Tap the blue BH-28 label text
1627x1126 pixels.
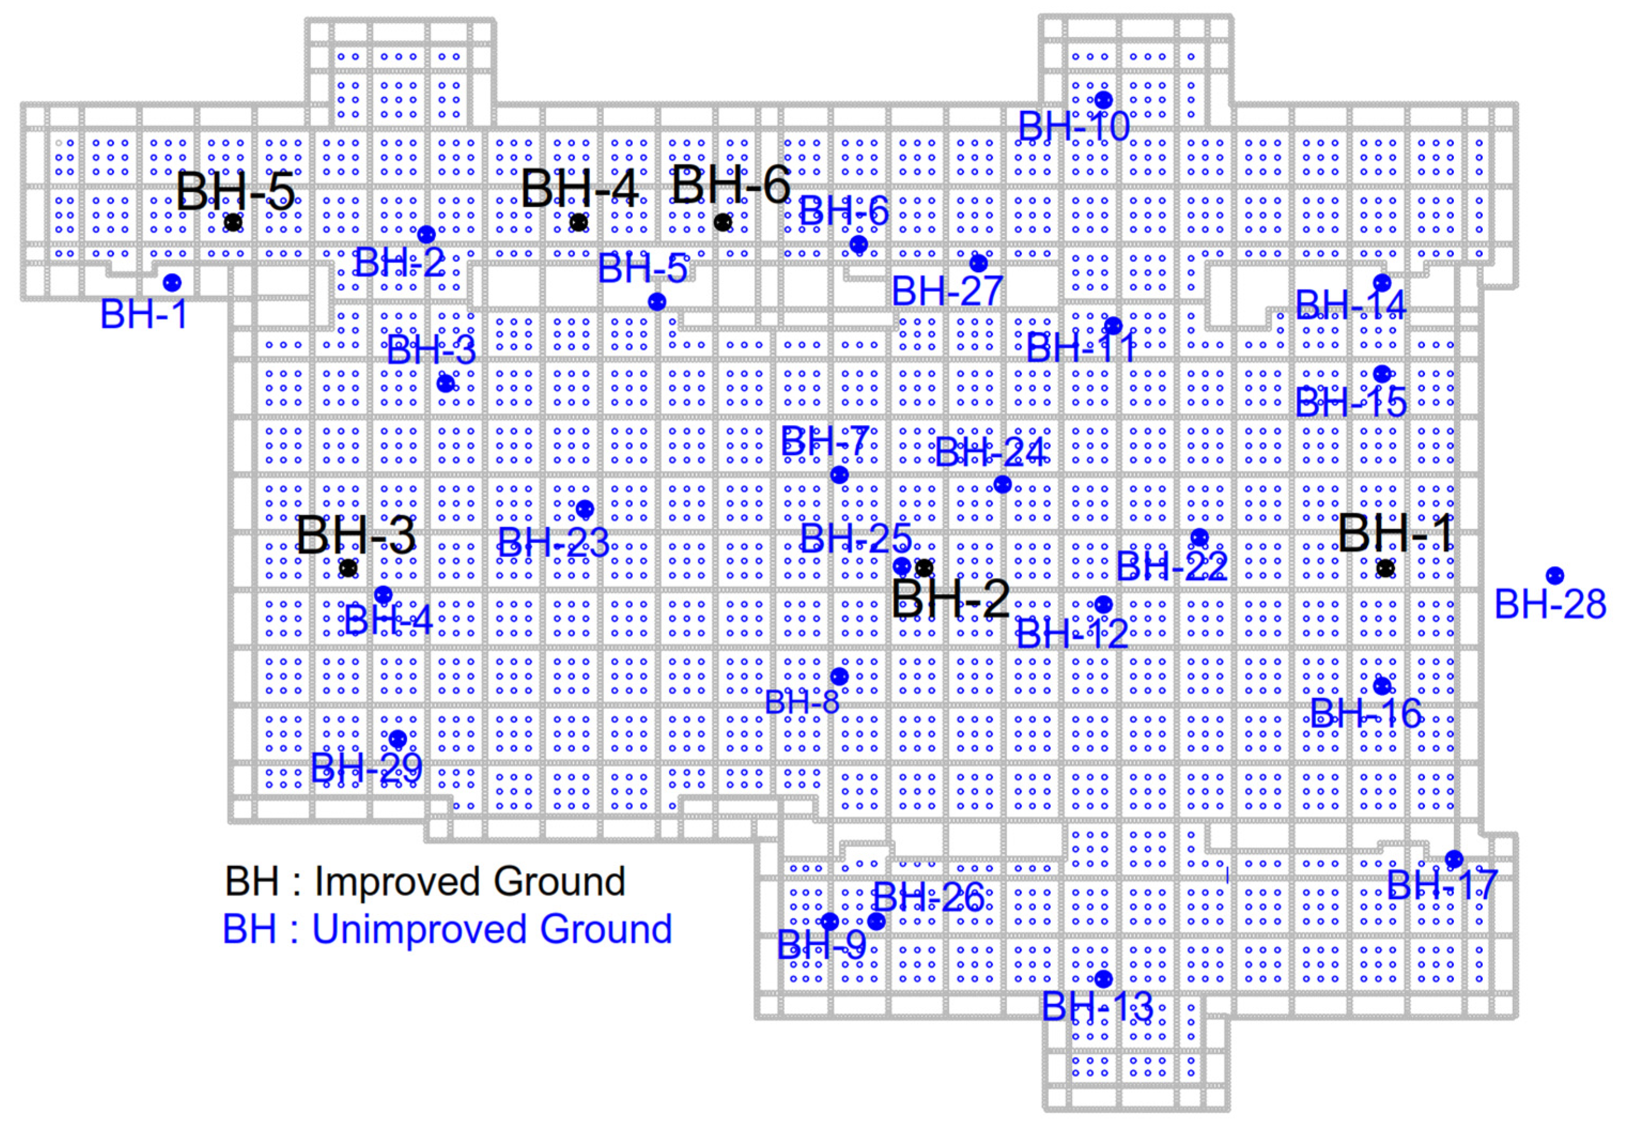(1550, 605)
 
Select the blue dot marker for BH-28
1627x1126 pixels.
(1554, 576)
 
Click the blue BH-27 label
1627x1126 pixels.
(947, 291)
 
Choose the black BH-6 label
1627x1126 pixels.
(731, 185)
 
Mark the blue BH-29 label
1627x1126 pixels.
(366, 768)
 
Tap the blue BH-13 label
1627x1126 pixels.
(1097, 1006)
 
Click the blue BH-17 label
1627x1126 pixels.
(1442, 885)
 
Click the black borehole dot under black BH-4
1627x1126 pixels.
(578, 223)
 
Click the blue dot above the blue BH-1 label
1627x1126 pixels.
(172, 283)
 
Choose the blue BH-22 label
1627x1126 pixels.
(1172, 566)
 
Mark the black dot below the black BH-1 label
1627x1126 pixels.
(1385, 568)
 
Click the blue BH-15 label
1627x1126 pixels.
(1351, 403)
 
